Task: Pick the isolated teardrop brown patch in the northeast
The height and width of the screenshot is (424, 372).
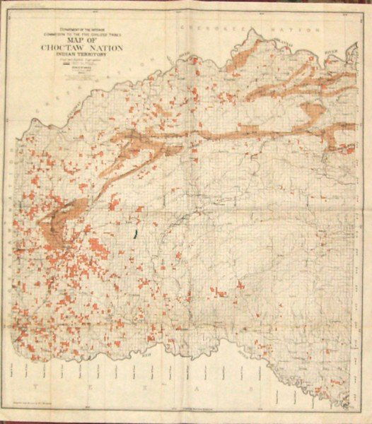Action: pyautogui.click(x=312, y=111)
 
